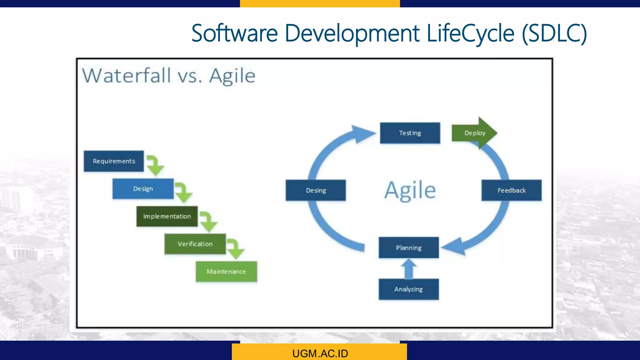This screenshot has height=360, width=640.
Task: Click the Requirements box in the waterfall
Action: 114,161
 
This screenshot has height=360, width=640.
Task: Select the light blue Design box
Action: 143,189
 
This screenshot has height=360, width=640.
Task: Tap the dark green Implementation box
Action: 167,216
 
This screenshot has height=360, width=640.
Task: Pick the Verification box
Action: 195,244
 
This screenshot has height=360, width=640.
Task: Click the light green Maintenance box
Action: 226,272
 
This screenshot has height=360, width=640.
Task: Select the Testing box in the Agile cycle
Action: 410,133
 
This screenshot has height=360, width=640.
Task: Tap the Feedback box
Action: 512,190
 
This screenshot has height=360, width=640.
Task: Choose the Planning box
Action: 409,248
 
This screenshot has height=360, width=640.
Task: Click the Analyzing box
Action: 408,289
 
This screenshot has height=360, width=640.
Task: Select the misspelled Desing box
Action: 316,190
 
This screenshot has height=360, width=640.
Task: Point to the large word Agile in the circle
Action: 410,190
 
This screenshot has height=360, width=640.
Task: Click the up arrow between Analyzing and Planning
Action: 409,269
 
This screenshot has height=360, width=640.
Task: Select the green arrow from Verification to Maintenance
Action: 235,248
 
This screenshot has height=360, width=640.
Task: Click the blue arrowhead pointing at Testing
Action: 362,134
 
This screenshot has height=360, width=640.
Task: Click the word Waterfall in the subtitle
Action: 127,76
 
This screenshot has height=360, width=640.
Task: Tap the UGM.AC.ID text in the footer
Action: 320,353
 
